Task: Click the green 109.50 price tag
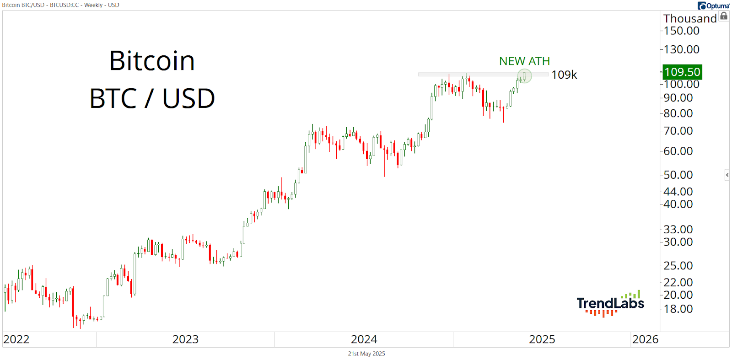682,72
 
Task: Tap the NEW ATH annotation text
524,61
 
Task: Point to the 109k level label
565,75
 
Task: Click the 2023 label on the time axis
185,339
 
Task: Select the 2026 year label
645,339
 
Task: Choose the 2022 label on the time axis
16,339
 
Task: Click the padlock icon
724,16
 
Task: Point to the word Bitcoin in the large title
152,61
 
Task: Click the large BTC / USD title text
152,98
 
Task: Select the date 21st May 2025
366,354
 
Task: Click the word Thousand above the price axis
690,19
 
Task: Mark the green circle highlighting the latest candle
524,76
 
